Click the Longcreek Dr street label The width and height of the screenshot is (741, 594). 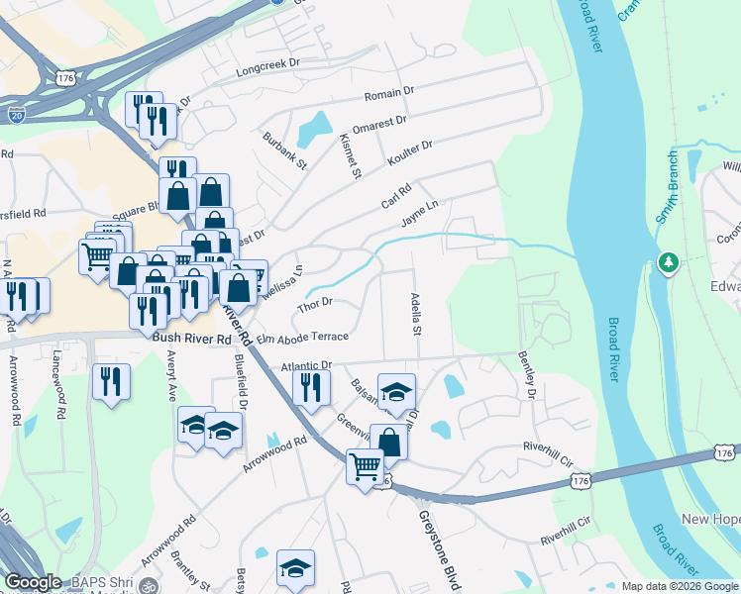tap(267, 67)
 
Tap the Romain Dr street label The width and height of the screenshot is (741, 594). tap(388, 93)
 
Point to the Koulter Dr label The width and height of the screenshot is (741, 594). tap(410, 151)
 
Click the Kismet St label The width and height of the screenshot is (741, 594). tap(349, 156)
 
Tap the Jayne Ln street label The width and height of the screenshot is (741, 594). tap(419, 211)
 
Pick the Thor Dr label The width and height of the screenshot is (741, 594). tap(313, 304)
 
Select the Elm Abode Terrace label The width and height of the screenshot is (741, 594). tap(302, 338)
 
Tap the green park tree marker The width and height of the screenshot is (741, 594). tap(670, 262)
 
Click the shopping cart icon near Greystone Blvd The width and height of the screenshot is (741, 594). tap(365, 464)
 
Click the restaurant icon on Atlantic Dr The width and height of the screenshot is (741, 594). tap(311, 385)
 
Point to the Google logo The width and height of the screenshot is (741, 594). tap(33, 582)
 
